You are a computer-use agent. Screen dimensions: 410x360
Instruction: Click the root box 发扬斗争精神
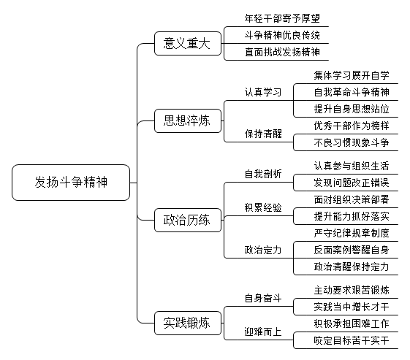[71, 183]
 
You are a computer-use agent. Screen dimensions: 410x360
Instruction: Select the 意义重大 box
[188, 43]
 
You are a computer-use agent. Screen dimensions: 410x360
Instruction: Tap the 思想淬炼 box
[188, 120]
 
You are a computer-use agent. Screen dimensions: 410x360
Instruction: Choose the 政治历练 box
[188, 220]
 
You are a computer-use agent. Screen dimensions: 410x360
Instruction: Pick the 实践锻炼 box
[188, 323]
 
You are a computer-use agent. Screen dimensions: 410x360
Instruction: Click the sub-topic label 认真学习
[263, 92]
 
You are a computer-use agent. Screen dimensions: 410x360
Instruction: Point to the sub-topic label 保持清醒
[263, 134]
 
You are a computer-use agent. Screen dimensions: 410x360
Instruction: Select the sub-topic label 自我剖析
[263, 174]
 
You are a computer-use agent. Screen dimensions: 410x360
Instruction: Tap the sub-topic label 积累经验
[263, 207]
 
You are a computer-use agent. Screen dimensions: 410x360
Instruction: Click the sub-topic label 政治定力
[263, 250]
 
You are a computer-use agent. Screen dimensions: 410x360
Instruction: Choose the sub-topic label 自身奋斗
[263, 298]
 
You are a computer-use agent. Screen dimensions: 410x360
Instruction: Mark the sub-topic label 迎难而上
[263, 332]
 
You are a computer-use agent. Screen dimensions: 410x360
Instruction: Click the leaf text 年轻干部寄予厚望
[282, 18]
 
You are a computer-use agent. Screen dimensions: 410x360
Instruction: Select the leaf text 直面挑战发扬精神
[282, 52]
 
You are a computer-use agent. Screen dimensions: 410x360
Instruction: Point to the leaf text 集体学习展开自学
[352, 75]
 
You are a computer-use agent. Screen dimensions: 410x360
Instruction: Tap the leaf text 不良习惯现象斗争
[352, 142]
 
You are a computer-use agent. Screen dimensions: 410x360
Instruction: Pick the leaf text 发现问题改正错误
[352, 183]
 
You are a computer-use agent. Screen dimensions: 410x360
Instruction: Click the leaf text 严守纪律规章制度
[352, 233]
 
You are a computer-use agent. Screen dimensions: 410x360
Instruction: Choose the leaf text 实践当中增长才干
[352, 307]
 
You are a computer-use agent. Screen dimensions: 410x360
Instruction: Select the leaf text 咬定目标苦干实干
[352, 340]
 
